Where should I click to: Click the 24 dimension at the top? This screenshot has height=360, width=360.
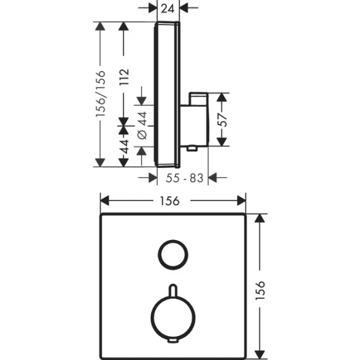click(x=168, y=9)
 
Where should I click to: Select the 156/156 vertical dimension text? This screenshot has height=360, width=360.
click(x=101, y=94)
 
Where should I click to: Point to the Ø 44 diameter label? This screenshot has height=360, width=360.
click(x=142, y=125)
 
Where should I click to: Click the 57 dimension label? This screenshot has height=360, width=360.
click(x=222, y=120)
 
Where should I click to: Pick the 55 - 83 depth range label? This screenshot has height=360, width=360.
click(x=185, y=178)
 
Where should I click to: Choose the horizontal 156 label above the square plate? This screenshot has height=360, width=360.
click(x=170, y=201)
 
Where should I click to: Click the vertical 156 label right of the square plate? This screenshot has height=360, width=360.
click(x=260, y=290)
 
